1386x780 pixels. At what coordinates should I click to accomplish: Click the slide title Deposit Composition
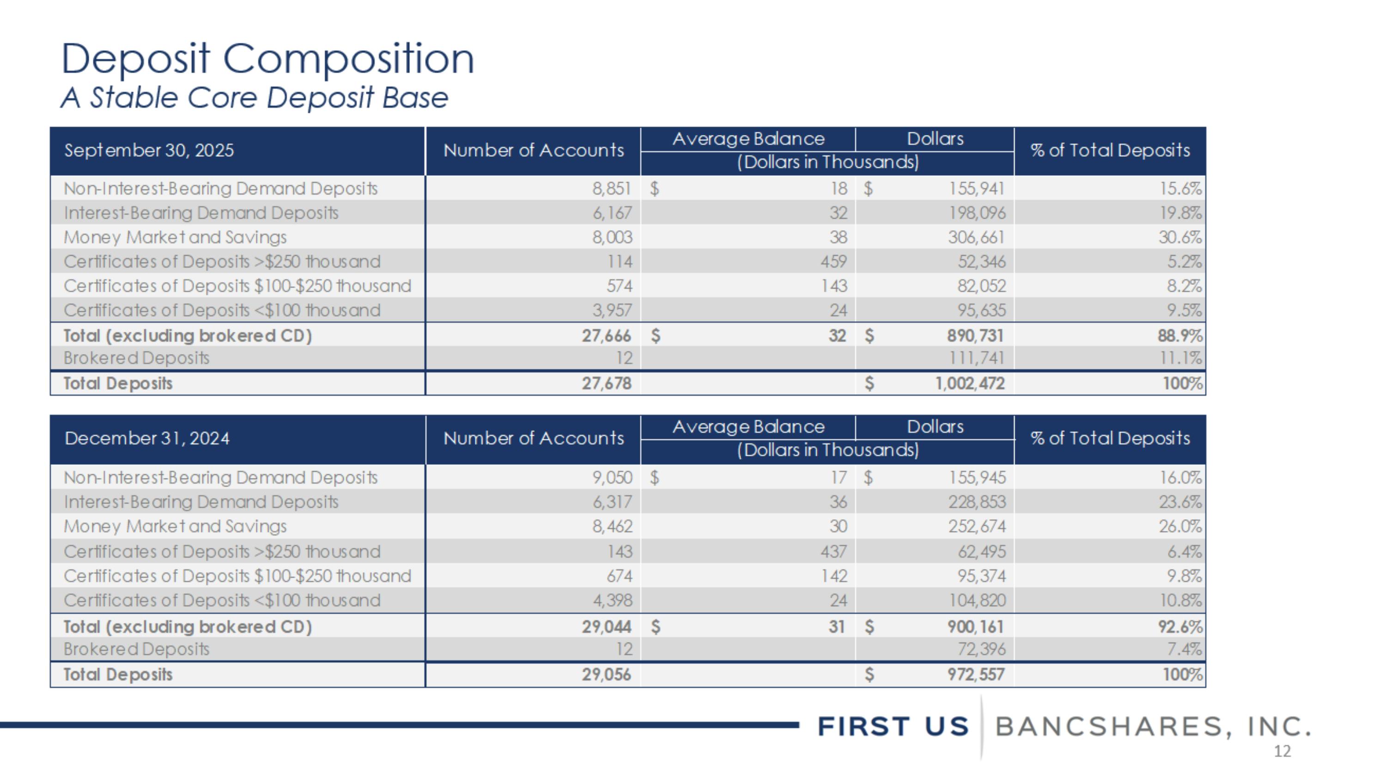pyautogui.click(x=267, y=59)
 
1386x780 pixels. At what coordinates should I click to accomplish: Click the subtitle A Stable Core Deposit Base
pyautogui.click(x=254, y=98)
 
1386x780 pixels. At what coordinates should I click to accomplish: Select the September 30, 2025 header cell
pyautogui.click(x=149, y=150)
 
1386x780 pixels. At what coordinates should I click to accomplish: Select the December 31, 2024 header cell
pyautogui.click(x=147, y=438)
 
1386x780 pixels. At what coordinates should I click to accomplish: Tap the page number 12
pyautogui.click(x=1282, y=751)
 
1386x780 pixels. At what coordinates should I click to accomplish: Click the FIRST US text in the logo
pyautogui.click(x=893, y=726)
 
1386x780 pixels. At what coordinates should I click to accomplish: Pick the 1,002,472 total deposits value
pyautogui.click(x=970, y=383)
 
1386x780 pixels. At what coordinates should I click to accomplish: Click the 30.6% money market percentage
pyautogui.click(x=1180, y=237)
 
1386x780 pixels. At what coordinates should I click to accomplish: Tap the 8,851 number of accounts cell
pyautogui.click(x=612, y=188)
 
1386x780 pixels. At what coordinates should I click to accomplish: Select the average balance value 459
pyautogui.click(x=833, y=262)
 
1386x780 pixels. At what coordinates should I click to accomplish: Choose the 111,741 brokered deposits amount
pyautogui.click(x=977, y=358)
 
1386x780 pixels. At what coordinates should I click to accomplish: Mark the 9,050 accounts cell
pyautogui.click(x=612, y=478)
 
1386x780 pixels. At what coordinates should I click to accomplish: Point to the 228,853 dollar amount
pyautogui.click(x=977, y=502)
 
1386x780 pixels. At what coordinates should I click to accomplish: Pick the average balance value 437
pyautogui.click(x=833, y=552)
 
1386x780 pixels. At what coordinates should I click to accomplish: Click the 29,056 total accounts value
pyautogui.click(x=606, y=675)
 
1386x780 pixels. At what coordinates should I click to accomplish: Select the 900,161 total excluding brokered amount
pyautogui.click(x=975, y=626)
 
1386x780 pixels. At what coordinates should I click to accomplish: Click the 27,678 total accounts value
pyautogui.click(x=606, y=383)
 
